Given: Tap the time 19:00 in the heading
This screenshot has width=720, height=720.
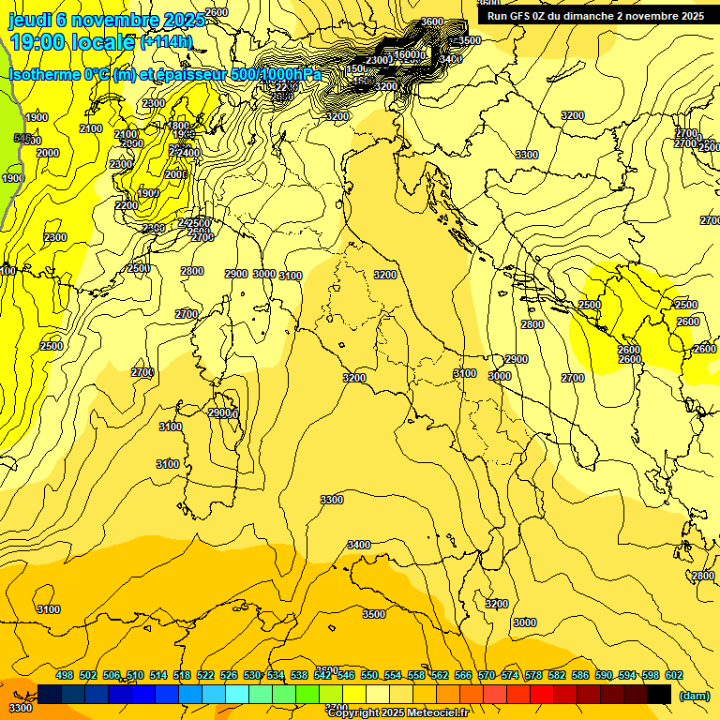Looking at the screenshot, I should (x=41, y=42).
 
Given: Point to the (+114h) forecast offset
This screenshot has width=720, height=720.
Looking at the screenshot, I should (x=166, y=42).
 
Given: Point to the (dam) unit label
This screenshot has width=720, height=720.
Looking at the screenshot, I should (x=693, y=695).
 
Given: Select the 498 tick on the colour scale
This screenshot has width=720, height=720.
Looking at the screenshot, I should (x=65, y=676).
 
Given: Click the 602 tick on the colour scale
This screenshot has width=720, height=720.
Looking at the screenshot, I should (x=674, y=676).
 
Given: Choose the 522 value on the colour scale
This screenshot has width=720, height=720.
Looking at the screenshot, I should (x=205, y=676).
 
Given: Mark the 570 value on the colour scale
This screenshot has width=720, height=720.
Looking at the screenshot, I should (x=487, y=676).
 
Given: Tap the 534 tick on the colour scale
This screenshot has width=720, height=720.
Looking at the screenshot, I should (x=276, y=676).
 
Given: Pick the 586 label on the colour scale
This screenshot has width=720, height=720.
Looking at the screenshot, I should (x=580, y=676).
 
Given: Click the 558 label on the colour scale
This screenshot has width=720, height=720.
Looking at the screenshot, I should (x=416, y=676).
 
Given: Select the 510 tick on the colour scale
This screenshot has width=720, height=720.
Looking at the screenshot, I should (x=135, y=676).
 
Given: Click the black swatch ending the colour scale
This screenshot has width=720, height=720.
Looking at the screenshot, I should (x=659, y=694).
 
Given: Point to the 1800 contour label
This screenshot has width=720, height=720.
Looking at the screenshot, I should (x=178, y=126).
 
